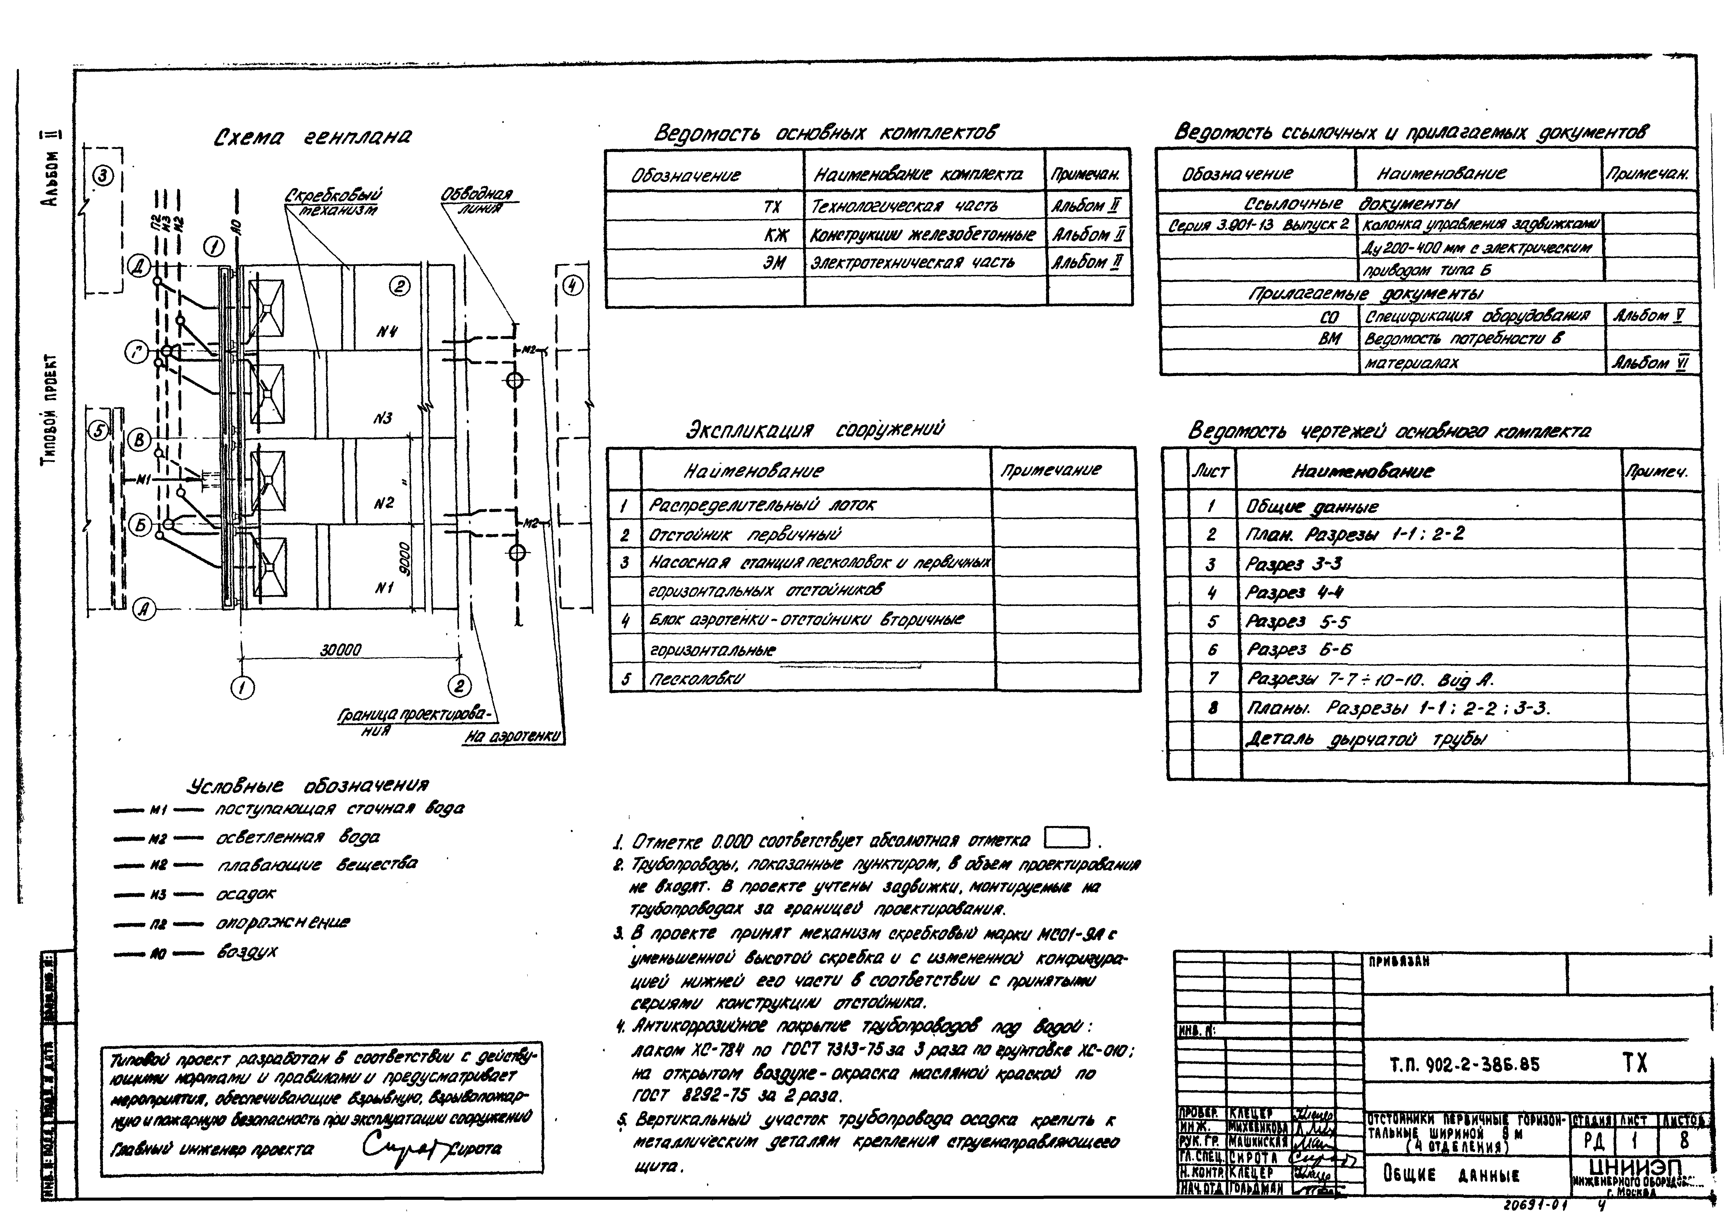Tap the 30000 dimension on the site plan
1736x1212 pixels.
coord(340,650)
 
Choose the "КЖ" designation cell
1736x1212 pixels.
coord(775,235)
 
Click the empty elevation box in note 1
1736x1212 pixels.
coord(1066,838)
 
